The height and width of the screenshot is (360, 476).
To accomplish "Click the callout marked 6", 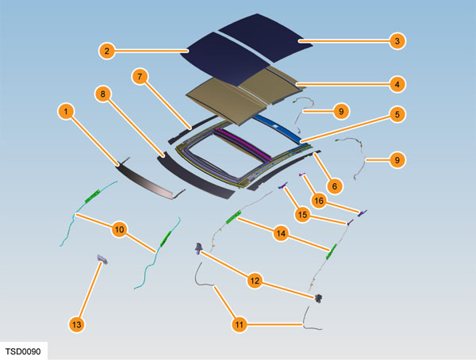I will click(x=335, y=186).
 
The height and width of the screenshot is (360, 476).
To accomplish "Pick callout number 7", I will click(x=140, y=77).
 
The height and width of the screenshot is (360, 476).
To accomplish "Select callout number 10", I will click(x=119, y=229).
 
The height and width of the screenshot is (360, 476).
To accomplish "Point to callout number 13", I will click(x=76, y=324).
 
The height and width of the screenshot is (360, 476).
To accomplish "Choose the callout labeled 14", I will click(x=280, y=234).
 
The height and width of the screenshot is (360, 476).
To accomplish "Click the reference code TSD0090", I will click(x=25, y=350).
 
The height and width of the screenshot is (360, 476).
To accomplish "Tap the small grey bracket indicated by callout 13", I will click(x=101, y=258).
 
